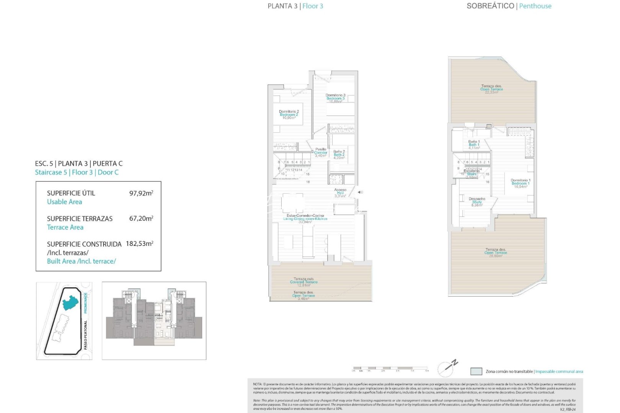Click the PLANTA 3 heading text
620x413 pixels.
(x=282, y=6)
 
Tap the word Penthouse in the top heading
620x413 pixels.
(x=535, y=6)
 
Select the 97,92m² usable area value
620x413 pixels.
(x=141, y=193)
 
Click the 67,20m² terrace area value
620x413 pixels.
(x=141, y=218)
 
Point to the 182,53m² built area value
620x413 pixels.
(x=139, y=244)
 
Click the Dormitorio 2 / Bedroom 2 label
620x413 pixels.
(x=289, y=115)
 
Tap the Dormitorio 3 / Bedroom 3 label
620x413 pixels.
(x=335, y=98)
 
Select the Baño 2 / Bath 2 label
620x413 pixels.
(x=339, y=154)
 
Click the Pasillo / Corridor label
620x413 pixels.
(x=321, y=153)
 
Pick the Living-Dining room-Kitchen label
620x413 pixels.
(x=305, y=219)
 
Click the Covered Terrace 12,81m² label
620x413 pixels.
(x=303, y=282)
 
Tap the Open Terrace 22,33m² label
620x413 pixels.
(x=491, y=89)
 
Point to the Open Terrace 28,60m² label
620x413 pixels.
(x=495, y=252)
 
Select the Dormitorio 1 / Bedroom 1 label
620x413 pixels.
(x=520, y=183)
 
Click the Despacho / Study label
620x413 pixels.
(x=477, y=202)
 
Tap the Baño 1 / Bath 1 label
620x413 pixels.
(x=474, y=145)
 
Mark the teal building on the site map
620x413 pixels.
(x=70, y=302)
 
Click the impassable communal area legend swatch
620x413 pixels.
(x=476, y=371)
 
